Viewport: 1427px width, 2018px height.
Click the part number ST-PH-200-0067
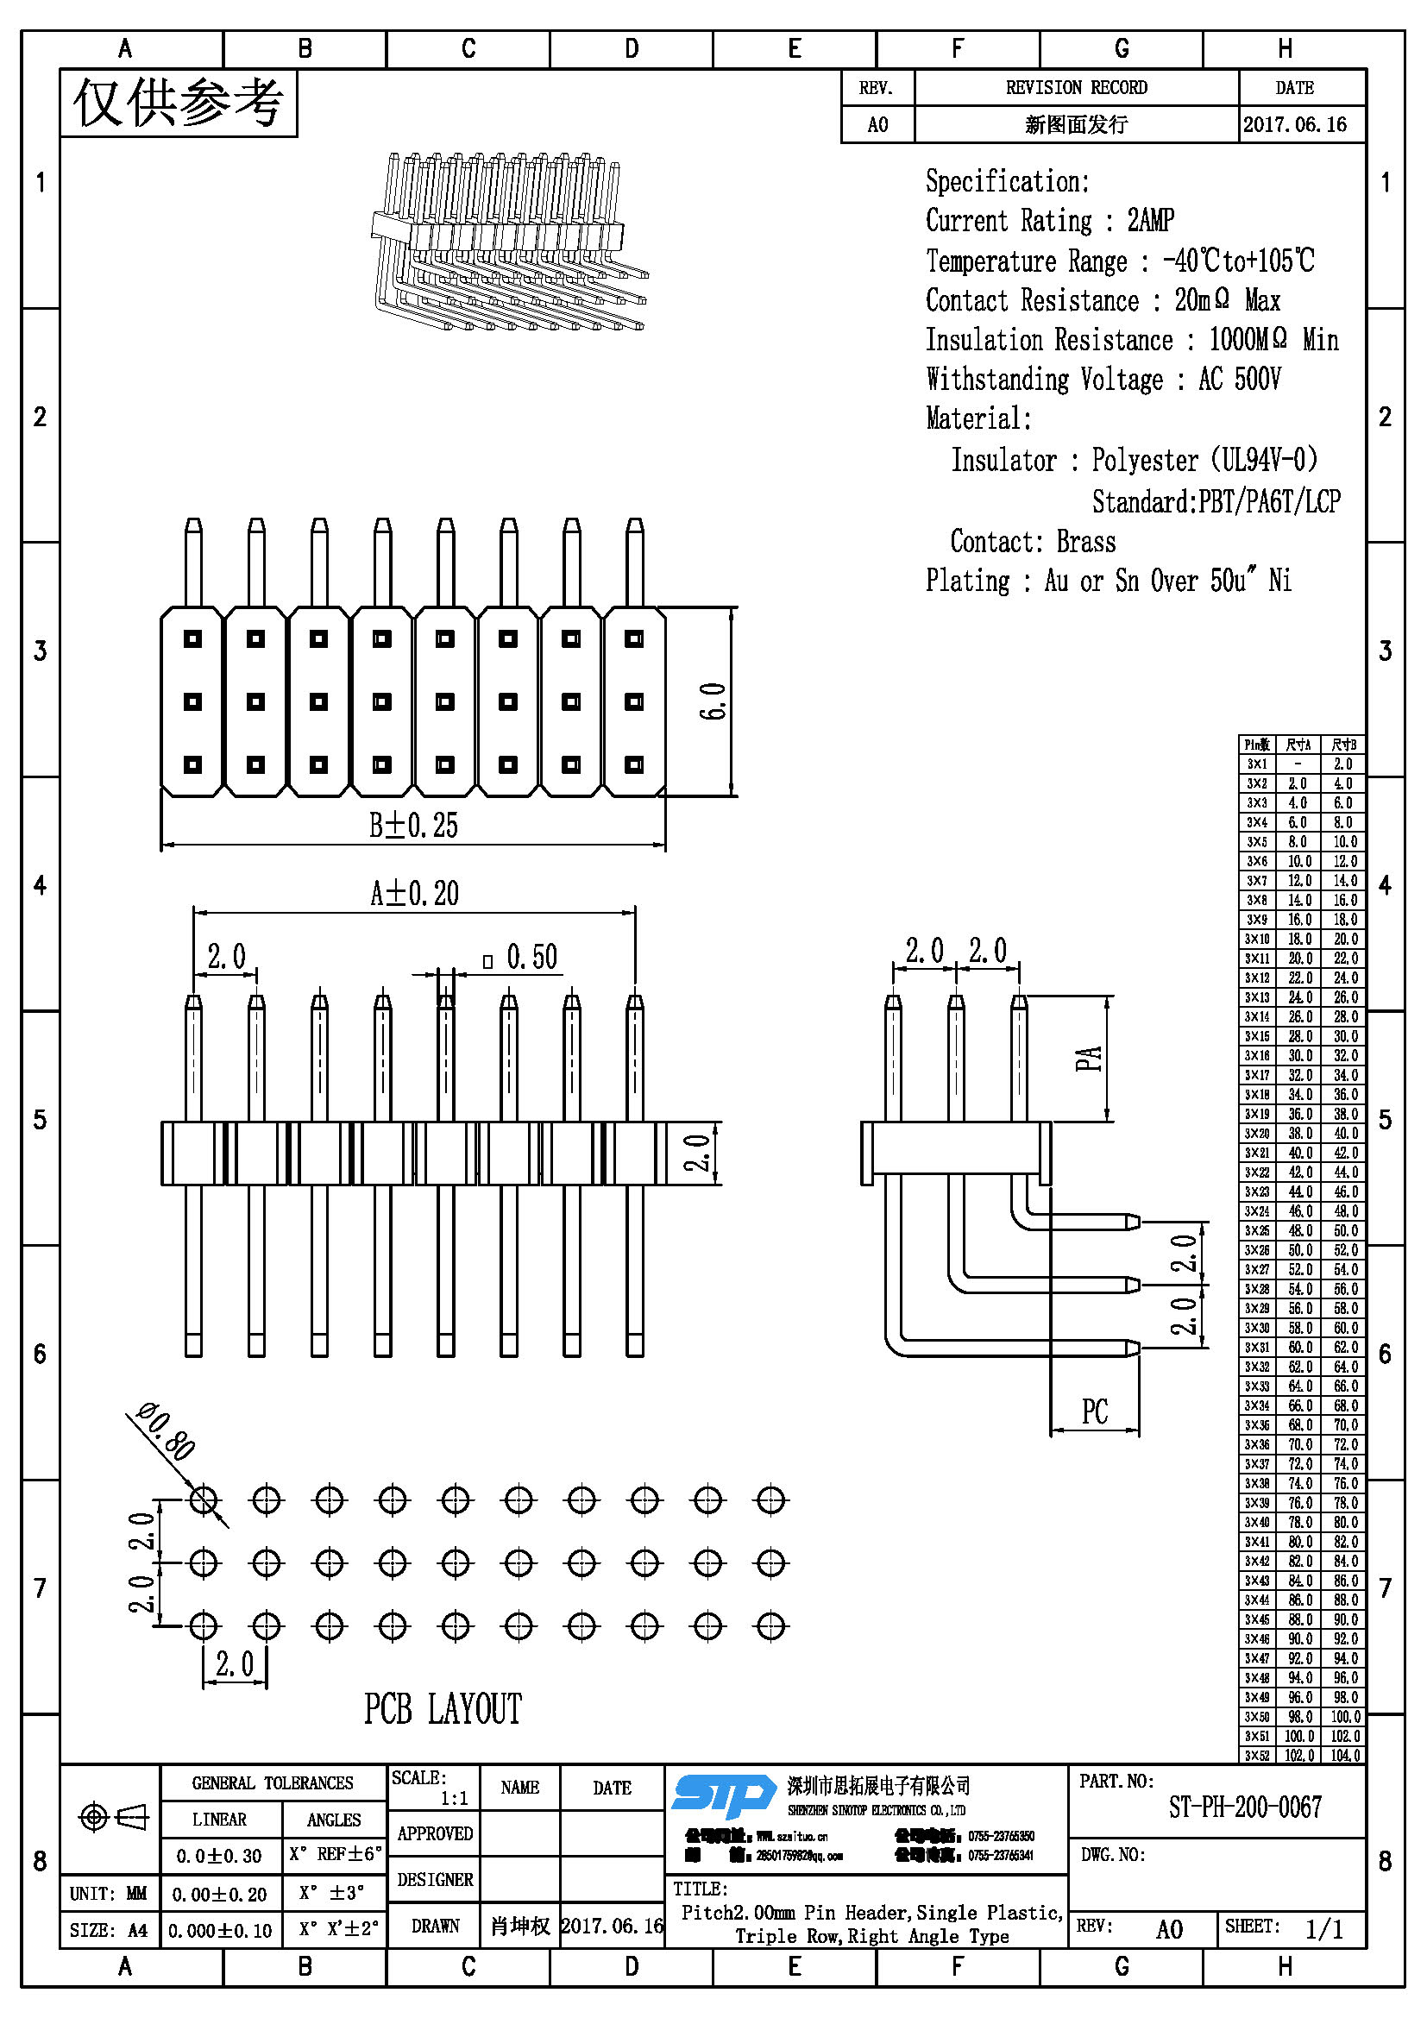(x=1244, y=1808)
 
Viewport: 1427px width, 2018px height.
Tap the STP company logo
(x=724, y=1795)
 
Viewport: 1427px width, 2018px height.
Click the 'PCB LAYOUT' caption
(x=443, y=1709)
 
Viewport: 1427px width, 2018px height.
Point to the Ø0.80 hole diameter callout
(x=167, y=1433)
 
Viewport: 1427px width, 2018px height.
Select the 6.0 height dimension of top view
(x=713, y=701)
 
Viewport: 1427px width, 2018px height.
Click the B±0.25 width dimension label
(x=413, y=827)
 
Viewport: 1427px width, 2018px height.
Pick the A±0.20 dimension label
(x=415, y=894)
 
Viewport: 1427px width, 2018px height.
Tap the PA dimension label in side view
(x=1088, y=1059)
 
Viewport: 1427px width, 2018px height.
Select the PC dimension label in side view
(x=1095, y=1412)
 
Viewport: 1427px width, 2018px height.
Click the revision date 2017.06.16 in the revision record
(x=1294, y=125)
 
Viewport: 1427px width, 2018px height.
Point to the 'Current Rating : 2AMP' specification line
(x=1049, y=221)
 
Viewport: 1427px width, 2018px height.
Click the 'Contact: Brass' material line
(x=1033, y=543)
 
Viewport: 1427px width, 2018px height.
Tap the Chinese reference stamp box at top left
(x=179, y=104)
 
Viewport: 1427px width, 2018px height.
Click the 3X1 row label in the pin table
(x=1256, y=764)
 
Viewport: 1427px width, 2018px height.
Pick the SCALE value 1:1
(x=454, y=1798)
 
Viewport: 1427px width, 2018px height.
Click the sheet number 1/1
(x=1323, y=1929)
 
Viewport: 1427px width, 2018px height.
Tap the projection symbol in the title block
(x=113, y=1816)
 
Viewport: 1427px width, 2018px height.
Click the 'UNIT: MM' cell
(x=109, y=1893)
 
